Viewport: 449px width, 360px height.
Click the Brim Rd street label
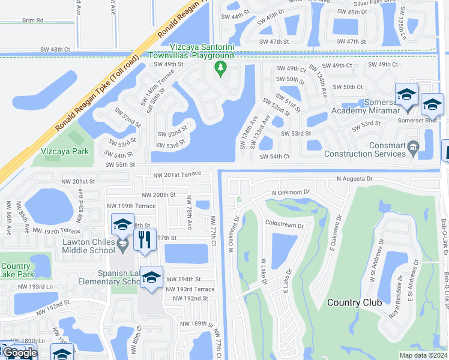pos(32,20)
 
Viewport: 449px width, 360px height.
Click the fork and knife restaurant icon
pos(144,239)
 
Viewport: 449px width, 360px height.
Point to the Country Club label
pos(354,302)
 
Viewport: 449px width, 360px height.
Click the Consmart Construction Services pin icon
pos(412,146)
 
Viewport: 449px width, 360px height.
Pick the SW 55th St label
pos(120,164)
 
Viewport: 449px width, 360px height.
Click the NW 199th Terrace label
pos(131,206)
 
